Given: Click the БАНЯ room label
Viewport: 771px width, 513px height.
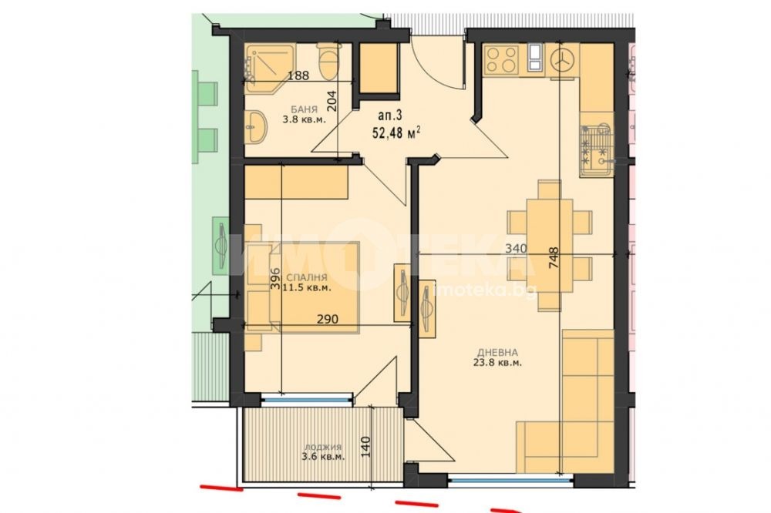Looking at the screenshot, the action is (304, 109).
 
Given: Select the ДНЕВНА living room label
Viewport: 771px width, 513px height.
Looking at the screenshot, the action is (497, 352).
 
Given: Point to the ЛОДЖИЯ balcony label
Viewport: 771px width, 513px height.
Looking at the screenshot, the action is (322, 448).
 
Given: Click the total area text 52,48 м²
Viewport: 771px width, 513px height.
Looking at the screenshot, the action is (396, 132).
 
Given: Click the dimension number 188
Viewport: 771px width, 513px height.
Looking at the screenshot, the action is (298, 75).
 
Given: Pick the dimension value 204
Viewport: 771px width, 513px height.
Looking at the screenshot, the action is (332, 102).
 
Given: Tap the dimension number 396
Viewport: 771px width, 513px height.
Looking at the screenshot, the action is (275, 278).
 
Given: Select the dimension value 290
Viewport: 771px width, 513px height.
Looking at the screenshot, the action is (328, 320).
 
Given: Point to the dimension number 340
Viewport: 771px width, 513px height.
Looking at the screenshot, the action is (517, 249).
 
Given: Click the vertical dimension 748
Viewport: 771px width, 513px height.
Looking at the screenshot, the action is (554, 257).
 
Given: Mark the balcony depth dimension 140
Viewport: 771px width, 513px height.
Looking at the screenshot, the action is (365, 448).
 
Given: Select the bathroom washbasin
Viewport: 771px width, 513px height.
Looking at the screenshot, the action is (255, 126).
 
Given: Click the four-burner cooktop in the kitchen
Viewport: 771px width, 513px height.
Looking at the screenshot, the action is (501, 59).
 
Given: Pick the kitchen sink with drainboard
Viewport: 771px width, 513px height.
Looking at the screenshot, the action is (596, 149).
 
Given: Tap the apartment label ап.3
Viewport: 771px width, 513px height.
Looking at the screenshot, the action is (390, 116).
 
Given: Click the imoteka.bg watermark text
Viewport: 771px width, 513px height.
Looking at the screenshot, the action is (485, 290).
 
